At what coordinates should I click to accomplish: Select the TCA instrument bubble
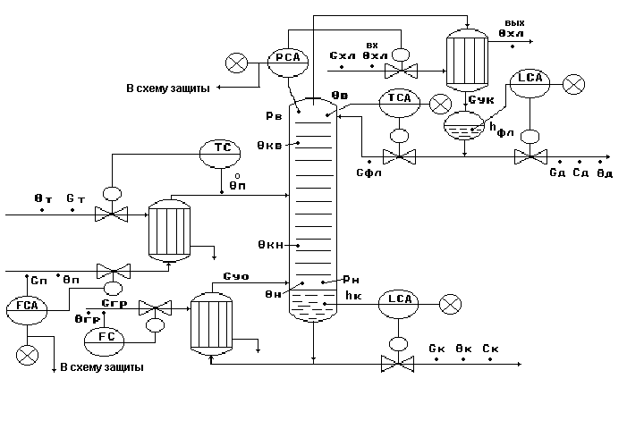coord(400,99)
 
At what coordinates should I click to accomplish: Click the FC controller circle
coord(103,338)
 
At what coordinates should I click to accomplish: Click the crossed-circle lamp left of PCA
coord(237,63)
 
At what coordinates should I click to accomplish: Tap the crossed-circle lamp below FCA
coord(28,354)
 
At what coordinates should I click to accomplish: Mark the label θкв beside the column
coord(270,144)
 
